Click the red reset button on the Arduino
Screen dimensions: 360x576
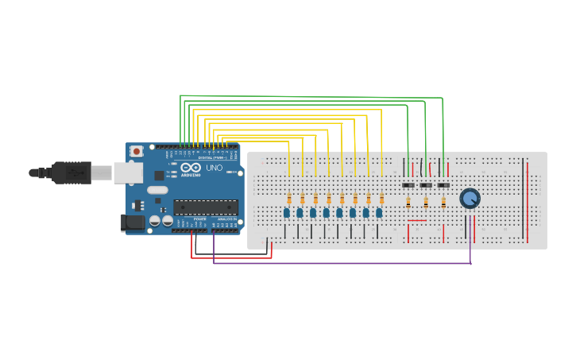(136, 151)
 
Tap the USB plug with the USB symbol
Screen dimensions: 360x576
(72, 172)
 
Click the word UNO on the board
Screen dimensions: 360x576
(215, 168)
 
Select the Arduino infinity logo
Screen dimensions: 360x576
(191, 168)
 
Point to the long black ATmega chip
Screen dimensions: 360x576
(206, 207)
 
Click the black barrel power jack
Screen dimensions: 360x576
(133, 223)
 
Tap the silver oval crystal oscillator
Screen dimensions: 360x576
(157, 190)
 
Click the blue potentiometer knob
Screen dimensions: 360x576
(470, 198)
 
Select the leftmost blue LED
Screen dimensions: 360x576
(287, 212)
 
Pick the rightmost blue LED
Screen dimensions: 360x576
(379, 212)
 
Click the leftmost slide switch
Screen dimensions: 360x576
(408, 185)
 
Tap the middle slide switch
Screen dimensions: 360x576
(426, 185)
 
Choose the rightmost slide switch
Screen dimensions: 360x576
(443, 185)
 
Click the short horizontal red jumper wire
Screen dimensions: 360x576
(417, 221)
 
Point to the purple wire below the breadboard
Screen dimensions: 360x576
(342, 263)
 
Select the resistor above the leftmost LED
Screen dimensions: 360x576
(289, 199)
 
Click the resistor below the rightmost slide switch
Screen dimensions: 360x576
(443, 203)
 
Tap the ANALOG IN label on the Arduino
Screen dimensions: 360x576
(226, 219)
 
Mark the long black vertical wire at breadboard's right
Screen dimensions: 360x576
(523, 199)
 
